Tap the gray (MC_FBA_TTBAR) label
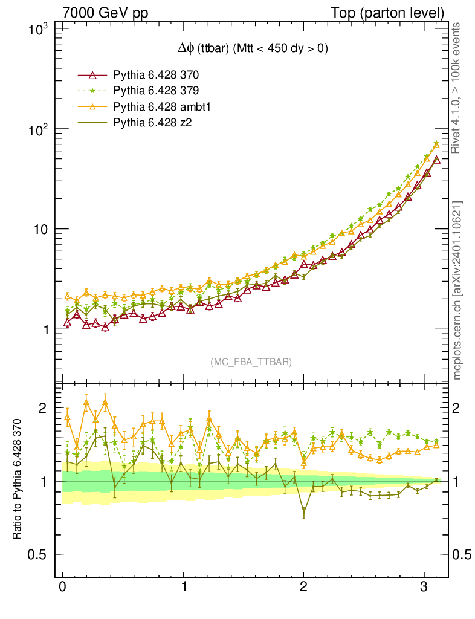point(251,362)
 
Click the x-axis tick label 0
point(63,587)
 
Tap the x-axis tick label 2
point(303,587)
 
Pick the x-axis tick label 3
point(424,587)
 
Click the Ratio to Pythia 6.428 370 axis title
point(18,479)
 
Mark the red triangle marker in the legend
point(92,76)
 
